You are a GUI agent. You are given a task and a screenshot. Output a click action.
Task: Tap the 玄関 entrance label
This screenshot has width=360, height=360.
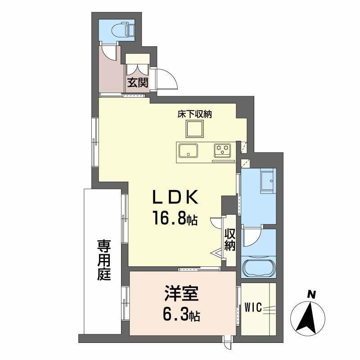click(x=137, y=83)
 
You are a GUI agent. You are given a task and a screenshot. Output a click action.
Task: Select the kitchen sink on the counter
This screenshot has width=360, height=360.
click(x=188, y=150)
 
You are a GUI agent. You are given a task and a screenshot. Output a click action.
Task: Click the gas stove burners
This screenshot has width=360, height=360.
click(x=222, y=150)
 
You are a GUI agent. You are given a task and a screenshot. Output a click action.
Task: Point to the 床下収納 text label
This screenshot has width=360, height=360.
click(x=193, y=114)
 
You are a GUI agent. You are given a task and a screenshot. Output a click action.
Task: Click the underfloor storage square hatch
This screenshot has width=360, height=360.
click(x=194, y=130)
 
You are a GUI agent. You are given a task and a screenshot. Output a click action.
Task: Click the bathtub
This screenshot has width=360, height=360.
click(x=259, y=268)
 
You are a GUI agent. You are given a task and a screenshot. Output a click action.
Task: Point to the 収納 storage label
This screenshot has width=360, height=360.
click(x=230, y=240)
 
